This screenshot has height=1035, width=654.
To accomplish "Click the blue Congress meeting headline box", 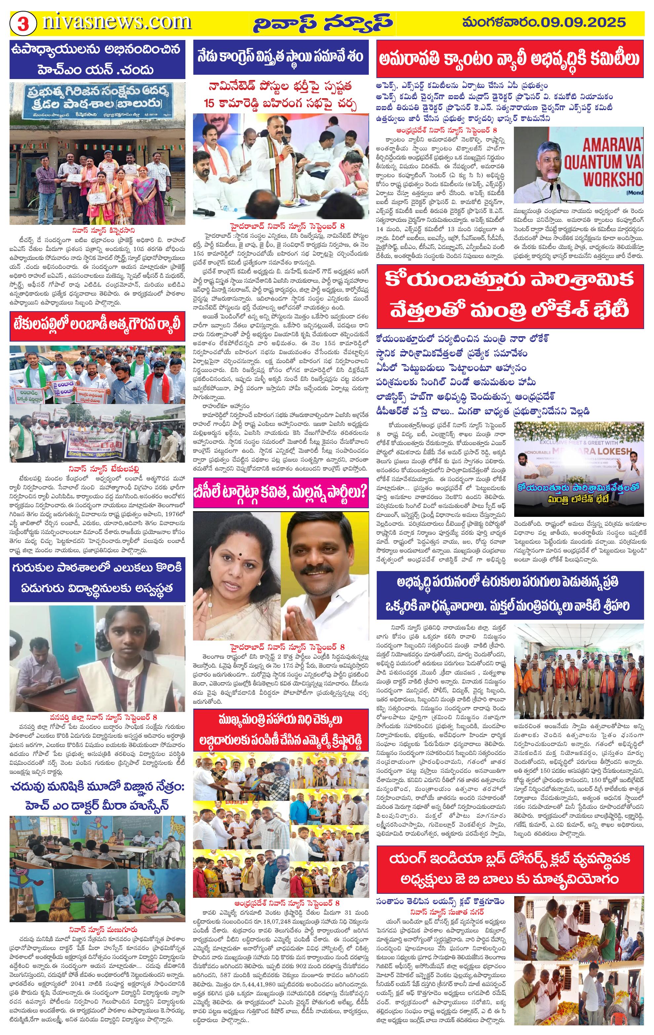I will [x=281, y=57].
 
